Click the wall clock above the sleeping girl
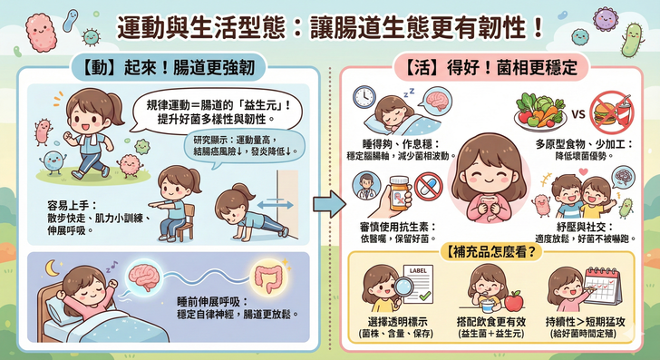click(364, 97)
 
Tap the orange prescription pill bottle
click(400, 193)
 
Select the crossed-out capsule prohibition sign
click(429, 187)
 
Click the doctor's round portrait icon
click(366, 185)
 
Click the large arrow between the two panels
click(329, 204)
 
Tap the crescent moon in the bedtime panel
click(52, 268)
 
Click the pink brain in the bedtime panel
click(144, 277)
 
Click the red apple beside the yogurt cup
click(513, 301)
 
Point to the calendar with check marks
click(603, 286)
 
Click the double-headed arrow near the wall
click(276, 205)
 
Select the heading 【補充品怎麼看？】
click(490, 252)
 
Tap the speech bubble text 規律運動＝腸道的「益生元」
click(218, 105)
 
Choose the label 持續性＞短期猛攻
click(585, 322)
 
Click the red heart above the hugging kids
click(583, 171)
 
